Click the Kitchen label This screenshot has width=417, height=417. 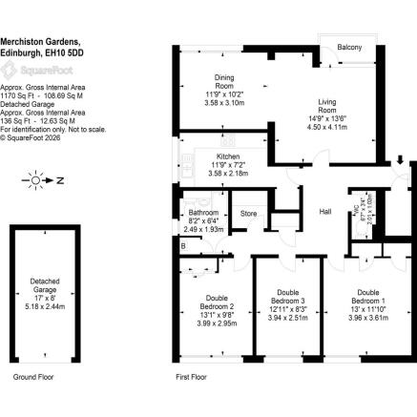(227, 155)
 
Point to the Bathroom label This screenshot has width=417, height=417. (202, 213)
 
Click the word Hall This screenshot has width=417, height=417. (325, 212)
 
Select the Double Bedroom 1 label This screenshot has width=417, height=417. (368, 297)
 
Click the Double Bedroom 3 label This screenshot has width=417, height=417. (288, 297)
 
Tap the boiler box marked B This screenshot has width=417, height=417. (182, 245)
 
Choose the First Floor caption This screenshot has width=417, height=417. (193, 379)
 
